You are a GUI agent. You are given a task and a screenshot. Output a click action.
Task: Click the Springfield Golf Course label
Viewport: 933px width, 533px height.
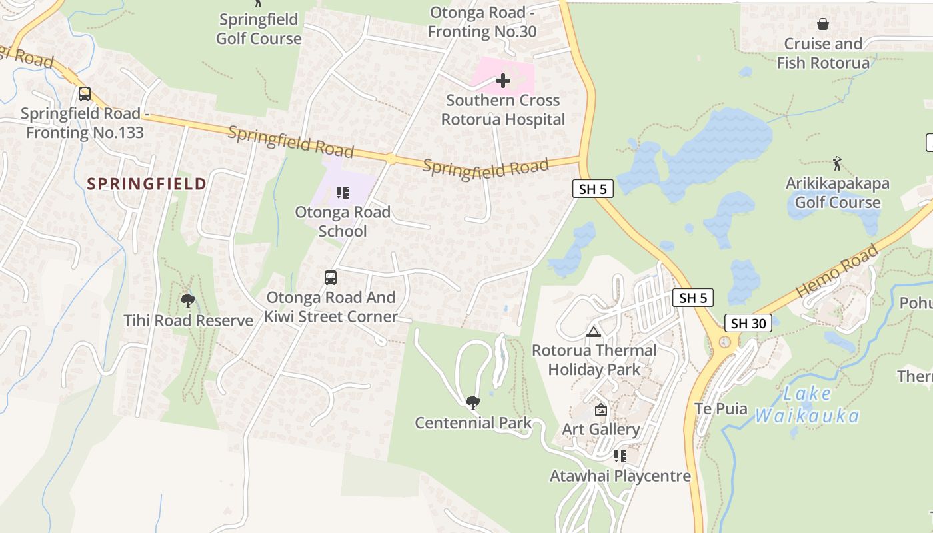[259, 29]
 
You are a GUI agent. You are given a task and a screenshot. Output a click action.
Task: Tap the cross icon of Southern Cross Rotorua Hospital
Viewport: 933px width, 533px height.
[503, 81]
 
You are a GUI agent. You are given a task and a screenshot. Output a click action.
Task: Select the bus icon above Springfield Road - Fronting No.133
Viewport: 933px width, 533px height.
[85, 94]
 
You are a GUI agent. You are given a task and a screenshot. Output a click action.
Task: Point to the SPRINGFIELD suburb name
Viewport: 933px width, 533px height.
[147, 184]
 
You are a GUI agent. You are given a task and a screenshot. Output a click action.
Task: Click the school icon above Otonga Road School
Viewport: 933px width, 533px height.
[343, 193]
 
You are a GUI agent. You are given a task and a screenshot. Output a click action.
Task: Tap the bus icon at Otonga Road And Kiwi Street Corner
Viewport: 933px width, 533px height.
[331, 278]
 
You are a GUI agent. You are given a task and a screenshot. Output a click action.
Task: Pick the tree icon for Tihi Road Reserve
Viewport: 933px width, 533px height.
[188, 301]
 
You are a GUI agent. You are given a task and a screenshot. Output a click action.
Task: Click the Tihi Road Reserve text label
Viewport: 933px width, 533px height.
[189, 321]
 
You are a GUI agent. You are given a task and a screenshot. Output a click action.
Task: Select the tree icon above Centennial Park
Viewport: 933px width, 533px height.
[473, 402]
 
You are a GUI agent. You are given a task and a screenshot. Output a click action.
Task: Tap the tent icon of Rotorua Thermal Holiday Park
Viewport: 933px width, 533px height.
[594, 332]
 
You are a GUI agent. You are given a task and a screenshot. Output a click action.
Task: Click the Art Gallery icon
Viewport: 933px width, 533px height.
[601, 410]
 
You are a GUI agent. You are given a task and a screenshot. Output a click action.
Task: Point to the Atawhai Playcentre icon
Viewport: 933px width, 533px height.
[620, 456]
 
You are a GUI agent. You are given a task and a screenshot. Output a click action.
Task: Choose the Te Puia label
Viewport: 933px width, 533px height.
[721, 409]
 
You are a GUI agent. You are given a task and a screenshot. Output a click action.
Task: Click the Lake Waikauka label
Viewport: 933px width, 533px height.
[807, 405]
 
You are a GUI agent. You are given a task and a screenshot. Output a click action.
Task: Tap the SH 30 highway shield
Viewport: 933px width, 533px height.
[748, 324]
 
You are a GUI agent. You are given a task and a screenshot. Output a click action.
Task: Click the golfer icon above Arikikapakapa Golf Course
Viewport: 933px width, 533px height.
[838, 163]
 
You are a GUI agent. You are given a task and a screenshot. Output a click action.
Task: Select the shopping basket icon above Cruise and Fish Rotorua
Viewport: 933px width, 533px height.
[823, 25]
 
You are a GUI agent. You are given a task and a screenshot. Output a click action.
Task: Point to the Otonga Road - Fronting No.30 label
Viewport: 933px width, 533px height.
[482, 22]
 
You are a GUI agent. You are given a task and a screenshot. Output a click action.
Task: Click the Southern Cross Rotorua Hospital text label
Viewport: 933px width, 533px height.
[503, 110]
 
